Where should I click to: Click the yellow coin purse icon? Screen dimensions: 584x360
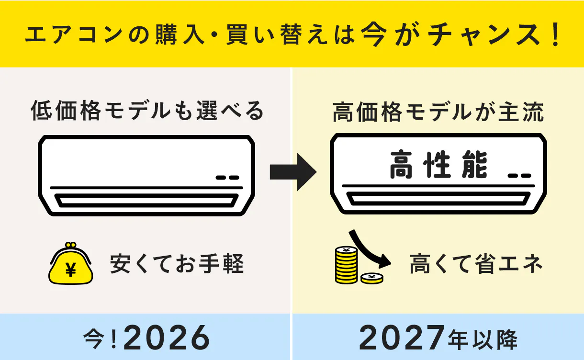click(70, 263)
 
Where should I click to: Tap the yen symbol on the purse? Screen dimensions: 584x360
click(71, 270)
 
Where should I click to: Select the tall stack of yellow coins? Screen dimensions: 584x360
click(346, 265)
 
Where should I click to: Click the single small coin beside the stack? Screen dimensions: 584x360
click(372, 278)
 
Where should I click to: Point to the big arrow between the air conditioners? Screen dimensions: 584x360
click(293, 172)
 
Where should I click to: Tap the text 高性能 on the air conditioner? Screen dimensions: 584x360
click(438, 165)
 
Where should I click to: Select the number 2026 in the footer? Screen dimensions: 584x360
click(167, 338)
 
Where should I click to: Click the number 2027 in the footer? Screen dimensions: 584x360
click(402, 337)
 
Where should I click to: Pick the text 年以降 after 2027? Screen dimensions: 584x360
click(483, 339)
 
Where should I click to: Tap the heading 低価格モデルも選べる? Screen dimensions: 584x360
click(147, 111)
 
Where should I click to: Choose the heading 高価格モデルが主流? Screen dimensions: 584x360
click(438, 112)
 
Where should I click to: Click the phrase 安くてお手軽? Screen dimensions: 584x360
click(177, 264)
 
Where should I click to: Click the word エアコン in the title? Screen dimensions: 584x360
click(74, 34)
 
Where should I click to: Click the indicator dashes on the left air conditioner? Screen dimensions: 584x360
click(227, 178)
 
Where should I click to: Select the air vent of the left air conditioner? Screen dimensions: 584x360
click(146, 201)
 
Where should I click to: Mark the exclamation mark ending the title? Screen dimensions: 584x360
click(555, 34)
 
